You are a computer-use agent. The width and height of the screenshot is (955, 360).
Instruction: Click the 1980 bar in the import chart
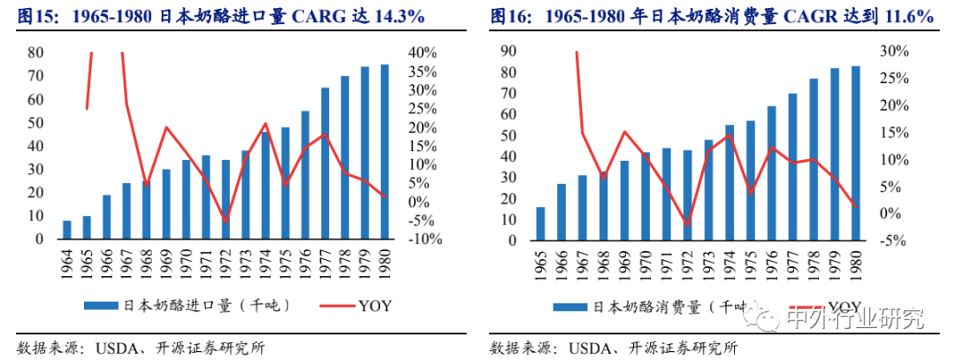(x=384, y=152)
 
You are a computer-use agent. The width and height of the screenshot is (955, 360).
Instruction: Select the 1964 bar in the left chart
(x=67, y=230)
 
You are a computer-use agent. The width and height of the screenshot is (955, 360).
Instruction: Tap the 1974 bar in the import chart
(x=265, y=185)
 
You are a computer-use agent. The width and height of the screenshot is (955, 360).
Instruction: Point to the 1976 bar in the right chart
(x=771, y=172)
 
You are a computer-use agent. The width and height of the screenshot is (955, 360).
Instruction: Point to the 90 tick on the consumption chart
(x=508, y=52)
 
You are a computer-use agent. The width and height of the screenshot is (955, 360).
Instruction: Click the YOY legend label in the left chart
(x=375, y=306)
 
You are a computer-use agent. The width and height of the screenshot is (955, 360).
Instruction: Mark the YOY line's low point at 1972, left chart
(x=225, y=222)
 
